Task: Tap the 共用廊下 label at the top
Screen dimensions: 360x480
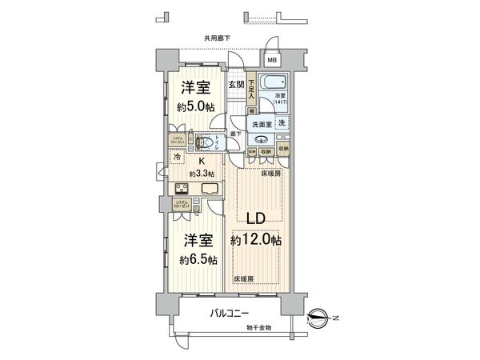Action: point(218,38)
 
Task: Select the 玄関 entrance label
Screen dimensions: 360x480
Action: point(236,85)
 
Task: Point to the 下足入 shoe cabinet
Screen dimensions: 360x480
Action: point(251,87)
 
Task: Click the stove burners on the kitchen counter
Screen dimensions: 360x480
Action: point(182,190)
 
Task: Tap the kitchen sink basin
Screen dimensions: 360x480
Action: point(211,190)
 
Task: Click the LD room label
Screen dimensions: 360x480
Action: point(256,219)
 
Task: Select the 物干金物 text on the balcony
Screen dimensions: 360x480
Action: point(259,327)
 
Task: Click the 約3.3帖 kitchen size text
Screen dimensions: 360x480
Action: point(202,173)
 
